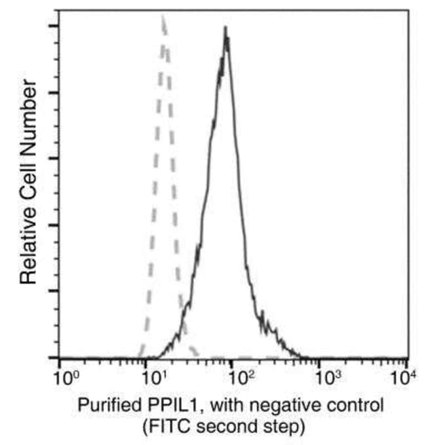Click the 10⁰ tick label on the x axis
coord(64,378)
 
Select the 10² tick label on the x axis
coord(238,378)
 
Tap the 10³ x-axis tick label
coord(324,378)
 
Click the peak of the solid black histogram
coord(225,29)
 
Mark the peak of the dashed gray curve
coord(162,18)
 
